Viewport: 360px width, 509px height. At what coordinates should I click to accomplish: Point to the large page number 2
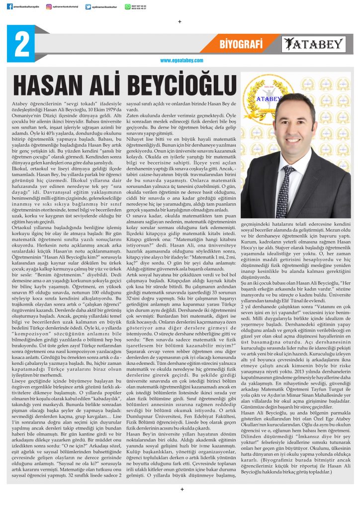21,44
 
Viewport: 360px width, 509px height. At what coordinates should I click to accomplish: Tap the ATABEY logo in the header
313,44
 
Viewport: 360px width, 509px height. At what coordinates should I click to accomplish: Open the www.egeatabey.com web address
181,60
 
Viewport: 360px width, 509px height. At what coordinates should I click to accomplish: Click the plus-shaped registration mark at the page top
180,21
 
